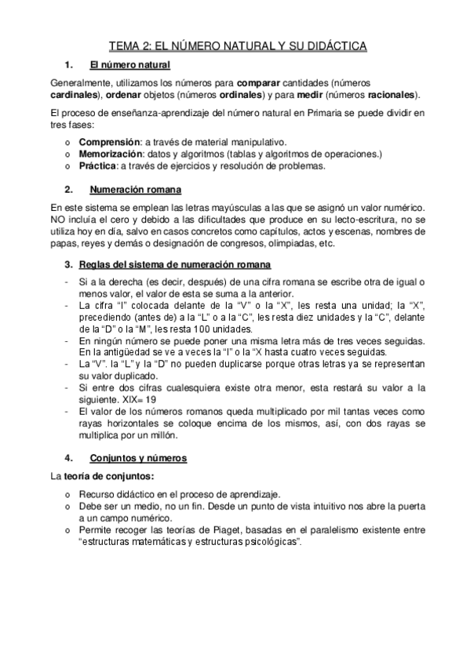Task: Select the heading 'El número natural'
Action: pos(130,65)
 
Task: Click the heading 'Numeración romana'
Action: pos(136,190)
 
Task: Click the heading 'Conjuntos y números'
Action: pos(139,458)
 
